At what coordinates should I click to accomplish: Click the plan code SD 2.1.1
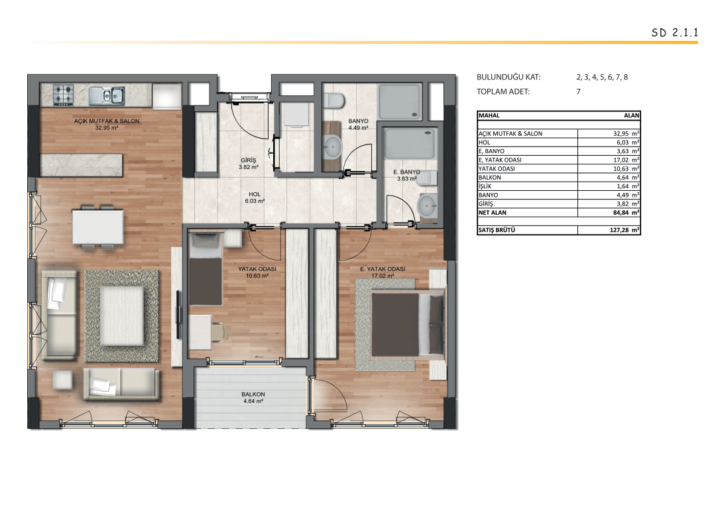pyautogui.click(x=674, y=32)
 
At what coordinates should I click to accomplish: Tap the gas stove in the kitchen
pyautogui.click(x=64, y=95)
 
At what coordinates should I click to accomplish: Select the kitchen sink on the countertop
pyautogui.click(x=107, y=95)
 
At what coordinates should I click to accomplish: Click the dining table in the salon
pyautogui.click(x=98, y=227)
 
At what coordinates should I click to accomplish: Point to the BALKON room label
pyautogui.click(x=253, y=394)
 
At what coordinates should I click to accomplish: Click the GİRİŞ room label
pyautogui.click(x=249, y=160)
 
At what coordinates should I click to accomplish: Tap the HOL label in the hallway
pyautogui.click(x=255, y=195)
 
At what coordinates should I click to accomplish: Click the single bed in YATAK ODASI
pyautogui.click(x=206, y=269)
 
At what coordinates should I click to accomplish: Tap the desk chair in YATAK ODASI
pyautogui.click(x=220, y=331)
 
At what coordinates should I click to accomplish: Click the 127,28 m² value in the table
pyautogui.click(x=625, y=230)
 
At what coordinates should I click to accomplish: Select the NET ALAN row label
pyautogui.click(x=492, y=213)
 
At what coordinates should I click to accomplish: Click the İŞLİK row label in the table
pyautogui.click(x=485, y=186)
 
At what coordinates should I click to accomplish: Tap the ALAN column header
pyautogui.click(x=631, y=115)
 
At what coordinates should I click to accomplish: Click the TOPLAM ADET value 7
pyautogui.click(x=579, y=91)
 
